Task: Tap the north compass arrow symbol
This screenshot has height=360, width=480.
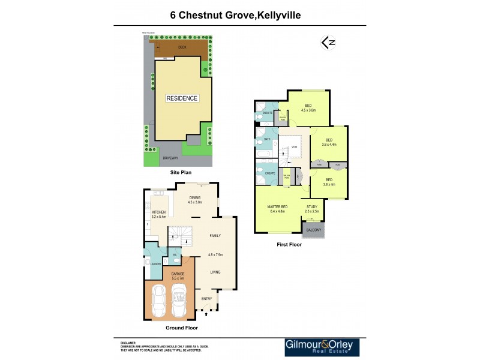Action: pos(328,43)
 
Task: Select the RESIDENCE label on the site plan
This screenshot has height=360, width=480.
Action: pos(182,98)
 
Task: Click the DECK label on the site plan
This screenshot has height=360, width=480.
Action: pos(182,47)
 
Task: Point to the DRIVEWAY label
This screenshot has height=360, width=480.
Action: pos(170,157)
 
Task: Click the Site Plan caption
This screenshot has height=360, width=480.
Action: pos(181,172)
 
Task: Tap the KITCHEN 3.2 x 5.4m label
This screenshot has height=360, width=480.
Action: pos(158,214)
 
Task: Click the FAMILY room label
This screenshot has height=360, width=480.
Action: pos(215,236)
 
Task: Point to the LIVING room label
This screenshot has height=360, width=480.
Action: pos(215,272)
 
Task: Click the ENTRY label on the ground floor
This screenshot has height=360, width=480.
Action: pos(206,298)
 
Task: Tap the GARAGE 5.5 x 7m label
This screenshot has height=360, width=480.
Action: pos(178,275)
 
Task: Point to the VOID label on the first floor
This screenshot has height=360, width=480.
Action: pos(295,147)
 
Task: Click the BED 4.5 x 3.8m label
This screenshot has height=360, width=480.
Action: pos(308,108)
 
